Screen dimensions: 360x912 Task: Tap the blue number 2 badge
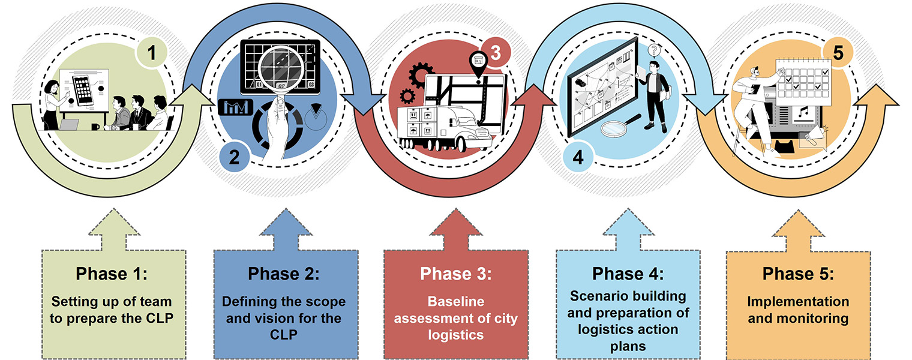coord(234,157)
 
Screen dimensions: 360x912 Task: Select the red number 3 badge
coord(496,53)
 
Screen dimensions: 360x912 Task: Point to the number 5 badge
coord(838,53)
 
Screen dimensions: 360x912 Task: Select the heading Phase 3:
coord(456,274)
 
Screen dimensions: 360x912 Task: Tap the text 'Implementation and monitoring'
coord(798,310)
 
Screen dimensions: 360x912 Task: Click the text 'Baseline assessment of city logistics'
coord(456,318)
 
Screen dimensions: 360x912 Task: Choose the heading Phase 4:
coord(628,274)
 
